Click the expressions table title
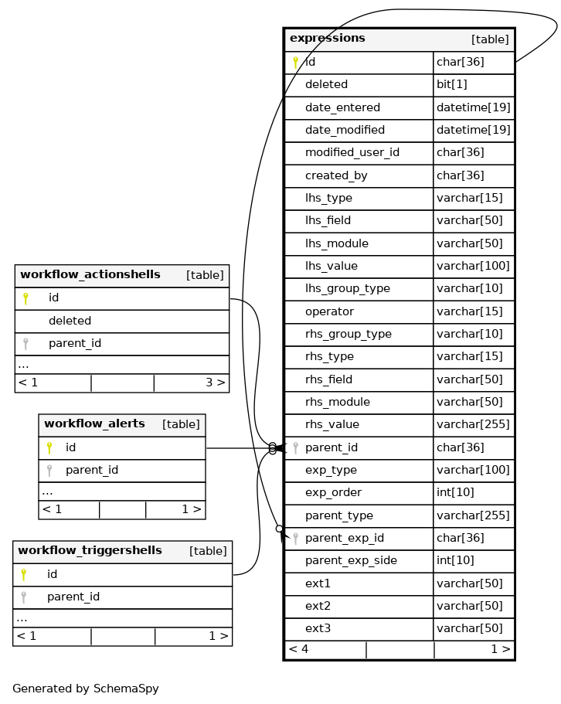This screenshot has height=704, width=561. pyautogui.click(x=328, y=39)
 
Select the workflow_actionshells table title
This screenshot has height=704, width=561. pyautogui.click(x=90, y=275)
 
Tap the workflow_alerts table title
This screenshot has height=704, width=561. pyautogui.click(x=94, y=424)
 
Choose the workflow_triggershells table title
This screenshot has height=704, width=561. pyautogui.click(x=90, y=551)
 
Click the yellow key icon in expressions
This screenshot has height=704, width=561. pyautogui.click(x=295, y=63)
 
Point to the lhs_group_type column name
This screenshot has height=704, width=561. pyautogui.click(x=347, y=289)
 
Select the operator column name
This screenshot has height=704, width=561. pyautogui.click(x=329, y=312)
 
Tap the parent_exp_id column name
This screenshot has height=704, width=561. pyautogui.click(x=344, y=539)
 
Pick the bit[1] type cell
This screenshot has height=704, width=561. pyautogui.click(x=452, y=85)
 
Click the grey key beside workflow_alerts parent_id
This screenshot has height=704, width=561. pyautogui.click(x=49, y=470)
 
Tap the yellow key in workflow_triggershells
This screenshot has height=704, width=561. pyautogui.click(x=24, y=575)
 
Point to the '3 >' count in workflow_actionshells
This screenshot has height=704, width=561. pyautogui.click(x=215, y=383)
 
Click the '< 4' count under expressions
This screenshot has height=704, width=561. pyautogui.click(x=298, y=650)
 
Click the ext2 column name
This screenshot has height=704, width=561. pyautogui.click(x=318, y=607)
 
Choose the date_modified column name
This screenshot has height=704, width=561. pyautogui.click(x=345, y=131)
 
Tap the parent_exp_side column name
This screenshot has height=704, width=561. pyautogui.click(x=351, y=561)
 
